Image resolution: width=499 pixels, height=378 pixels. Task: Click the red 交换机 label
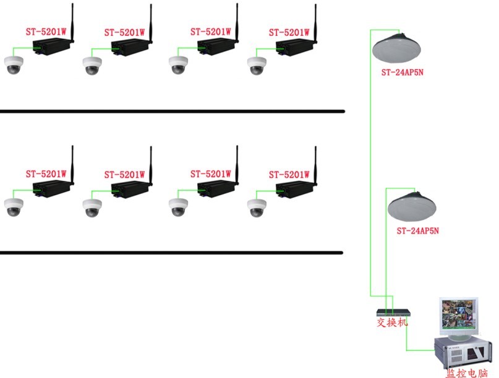coord(393,322)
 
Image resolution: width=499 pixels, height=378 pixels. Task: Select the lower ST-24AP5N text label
coord(418,230)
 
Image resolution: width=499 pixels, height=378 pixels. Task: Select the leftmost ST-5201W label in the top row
coord(46,32)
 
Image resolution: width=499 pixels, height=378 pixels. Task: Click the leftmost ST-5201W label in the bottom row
coord(46,175)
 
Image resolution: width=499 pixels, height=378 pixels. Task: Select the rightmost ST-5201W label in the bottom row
coord(289,175)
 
